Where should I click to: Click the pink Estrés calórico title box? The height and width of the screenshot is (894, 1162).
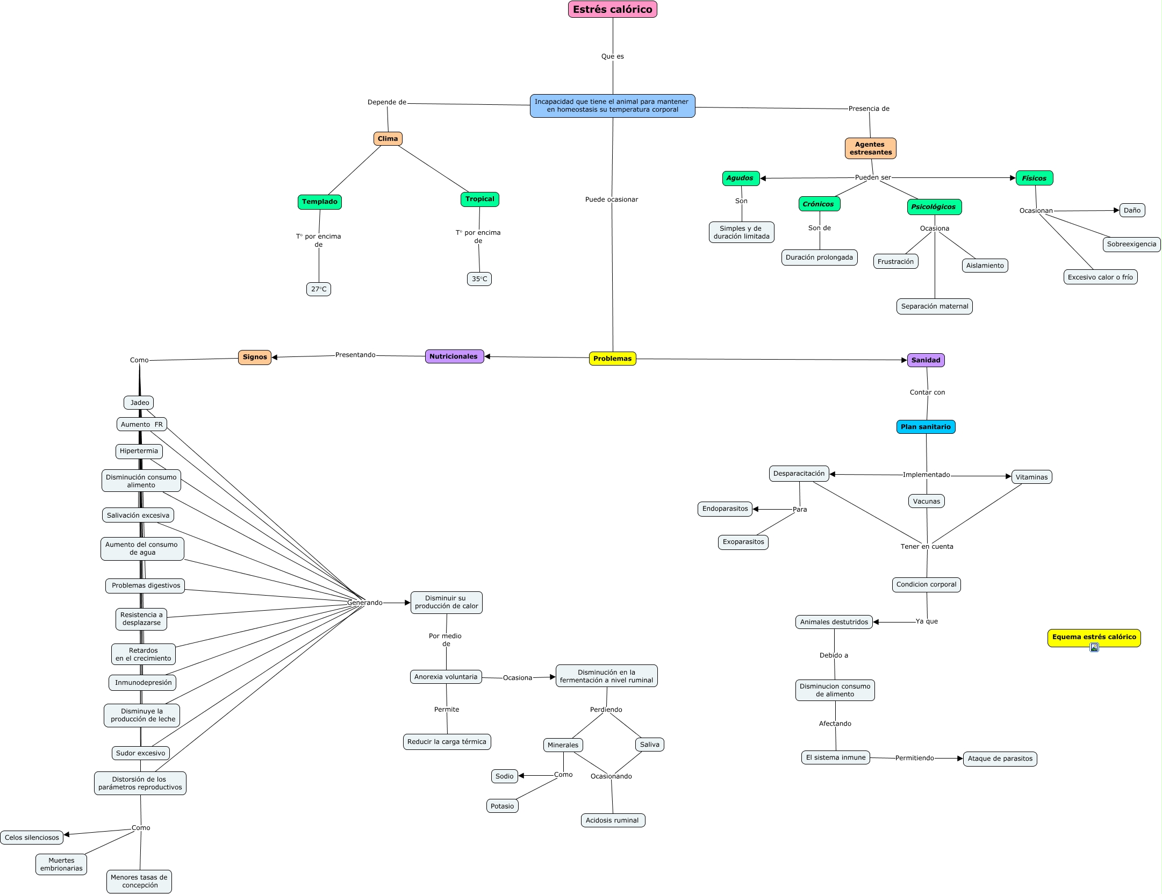pyautogui.click(x=612, y=9)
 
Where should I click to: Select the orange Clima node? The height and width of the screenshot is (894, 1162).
pyautogui.click(x=388, y=139)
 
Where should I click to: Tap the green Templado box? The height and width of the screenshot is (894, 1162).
pyautogui.click(x=320, y=202)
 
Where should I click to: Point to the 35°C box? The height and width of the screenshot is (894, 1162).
pyautogui.click(x=479, y=279)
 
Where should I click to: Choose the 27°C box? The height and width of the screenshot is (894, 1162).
pyautogui.click(x=319, y=289)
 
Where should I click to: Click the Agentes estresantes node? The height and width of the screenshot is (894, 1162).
pyautogui.click(x=870, y=148)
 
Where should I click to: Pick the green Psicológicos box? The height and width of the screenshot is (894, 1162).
pyautogui.click(x=934, y=207)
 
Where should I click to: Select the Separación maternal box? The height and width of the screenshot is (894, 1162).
pyautogui.click(x=934, y=306)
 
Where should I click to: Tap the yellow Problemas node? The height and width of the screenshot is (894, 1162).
pyautogui.click(x=612, y=359)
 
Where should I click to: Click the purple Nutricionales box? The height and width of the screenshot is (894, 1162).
pyautogui.click(x=454, y=356)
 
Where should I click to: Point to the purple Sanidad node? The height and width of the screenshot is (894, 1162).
pyautogui.click(x=926, y=360)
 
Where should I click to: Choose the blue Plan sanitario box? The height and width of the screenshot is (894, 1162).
pyautogui.click(x=926, y=427)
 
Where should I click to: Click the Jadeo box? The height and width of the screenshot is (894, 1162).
pyautogui.click(x=139, y=403)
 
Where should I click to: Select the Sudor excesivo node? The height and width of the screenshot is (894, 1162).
pyautogui.click(x=141, y=753)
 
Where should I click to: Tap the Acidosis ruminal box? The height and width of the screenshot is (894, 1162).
pyautogui.click(x=612, y=820)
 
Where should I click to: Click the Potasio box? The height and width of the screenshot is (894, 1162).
pyautogui.click(x=502, y=806)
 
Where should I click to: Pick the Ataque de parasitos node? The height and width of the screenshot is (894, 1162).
pyautogui.click(x=1000, y=759)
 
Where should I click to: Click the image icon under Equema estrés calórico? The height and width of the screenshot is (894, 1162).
pyautogui.click(x=1094, y=647)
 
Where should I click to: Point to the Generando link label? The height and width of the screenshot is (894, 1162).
pyautogui.click(x=364, y=603)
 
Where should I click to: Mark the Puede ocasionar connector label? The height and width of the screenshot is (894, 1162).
pyautogui.click(x=612, y=199)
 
